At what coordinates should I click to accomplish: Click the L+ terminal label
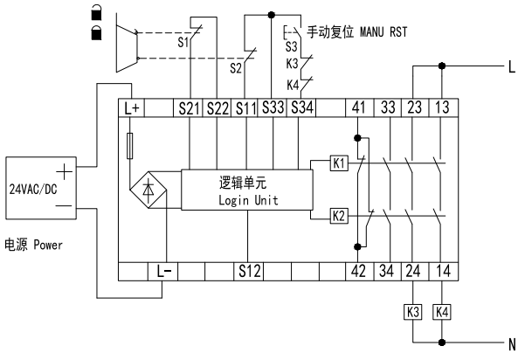tap(133, 108)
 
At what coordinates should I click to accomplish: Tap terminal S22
tap(218, 108)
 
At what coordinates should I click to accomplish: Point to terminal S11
tap(246, 108)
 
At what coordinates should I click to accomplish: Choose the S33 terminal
tap(274, 108)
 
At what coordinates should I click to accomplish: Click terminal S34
tap(302, 108)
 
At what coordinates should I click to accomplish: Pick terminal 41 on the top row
tap(358, 108)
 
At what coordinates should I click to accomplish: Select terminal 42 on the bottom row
tap(358, 270)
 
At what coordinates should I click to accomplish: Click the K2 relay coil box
tap(339, 215)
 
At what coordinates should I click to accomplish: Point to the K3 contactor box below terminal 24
tap(413, 310)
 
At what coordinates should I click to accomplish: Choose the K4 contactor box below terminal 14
tap(442, 310)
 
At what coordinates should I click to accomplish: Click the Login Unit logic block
tap(246, 191)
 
